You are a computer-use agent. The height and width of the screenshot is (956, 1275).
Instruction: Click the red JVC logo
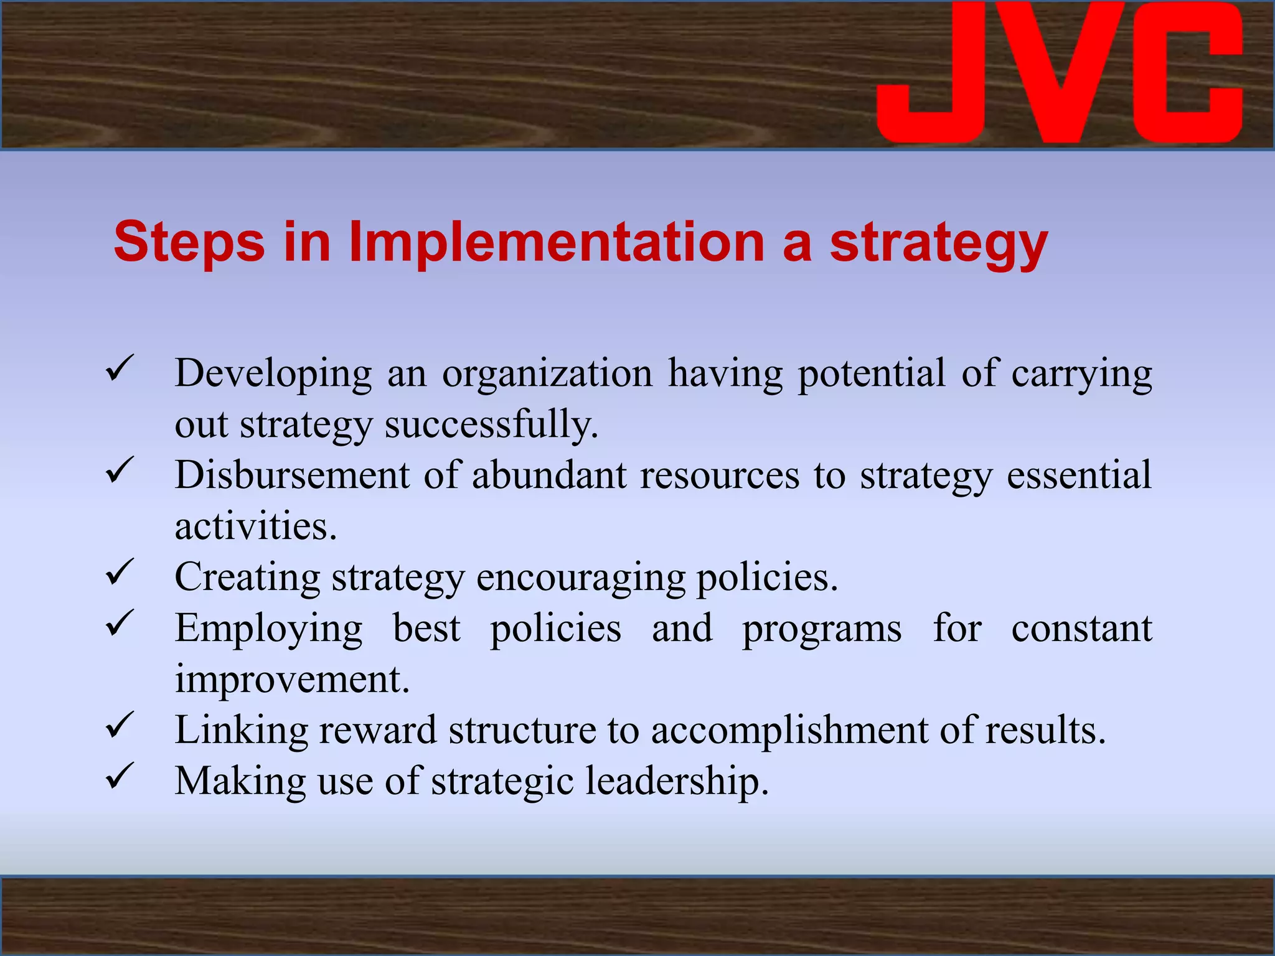[1060, 73]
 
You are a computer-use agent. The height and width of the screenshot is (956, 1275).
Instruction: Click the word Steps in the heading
[189, 242]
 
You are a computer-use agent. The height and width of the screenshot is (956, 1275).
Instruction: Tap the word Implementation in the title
[556, 242]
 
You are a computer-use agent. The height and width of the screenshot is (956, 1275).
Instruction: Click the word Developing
[273, 375]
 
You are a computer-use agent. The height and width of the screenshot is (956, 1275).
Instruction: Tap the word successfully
[491, 425]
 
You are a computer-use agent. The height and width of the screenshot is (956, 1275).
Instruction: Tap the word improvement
[292, 680]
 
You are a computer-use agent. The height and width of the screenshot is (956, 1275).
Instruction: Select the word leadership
[677, 782]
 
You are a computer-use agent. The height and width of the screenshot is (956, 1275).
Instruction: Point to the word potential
[872, 375]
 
